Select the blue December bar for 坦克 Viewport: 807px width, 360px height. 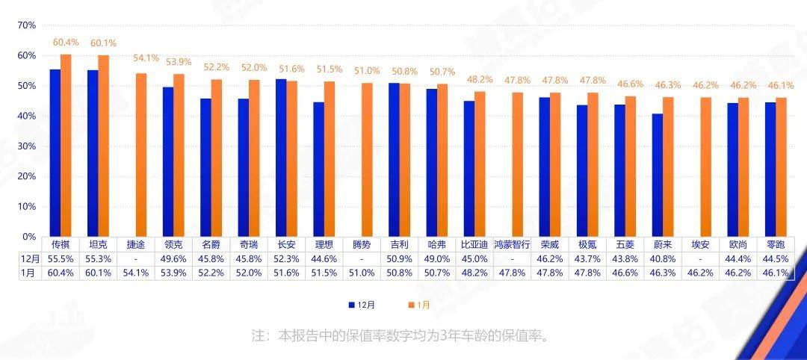pyautogui.click(x=93, y=153)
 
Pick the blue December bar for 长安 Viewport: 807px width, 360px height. pyautogui.click(x=281, y=158)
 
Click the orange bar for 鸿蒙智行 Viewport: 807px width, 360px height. pyautogui.click(x=517, y=164)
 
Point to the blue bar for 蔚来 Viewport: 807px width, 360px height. pyautogui.click(x=658, y=175)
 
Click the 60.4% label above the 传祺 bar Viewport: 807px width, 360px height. pyautogui.click(x=66, y=43)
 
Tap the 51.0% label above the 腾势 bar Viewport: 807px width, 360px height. pyautogui.click(x=367, y=71)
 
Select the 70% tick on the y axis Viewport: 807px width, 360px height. pyautogui.click(x=27, y=25)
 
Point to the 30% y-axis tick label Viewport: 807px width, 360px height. pyautogui.click(x=27, y=146)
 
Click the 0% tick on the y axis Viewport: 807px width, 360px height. pyautogui.click(x=29, y=237)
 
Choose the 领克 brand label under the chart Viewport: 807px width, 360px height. pyautogui.click(x=173, y=244)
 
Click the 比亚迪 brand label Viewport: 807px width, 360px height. pyautogui.click(x=474, y=244)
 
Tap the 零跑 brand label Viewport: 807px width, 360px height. pyautogui.click(x=776, y=244)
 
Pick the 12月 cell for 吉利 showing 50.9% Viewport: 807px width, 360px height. pyautogui.click(x=399, y=258)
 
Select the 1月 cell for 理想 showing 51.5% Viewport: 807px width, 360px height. pyautogui.click(x=324, y=273)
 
